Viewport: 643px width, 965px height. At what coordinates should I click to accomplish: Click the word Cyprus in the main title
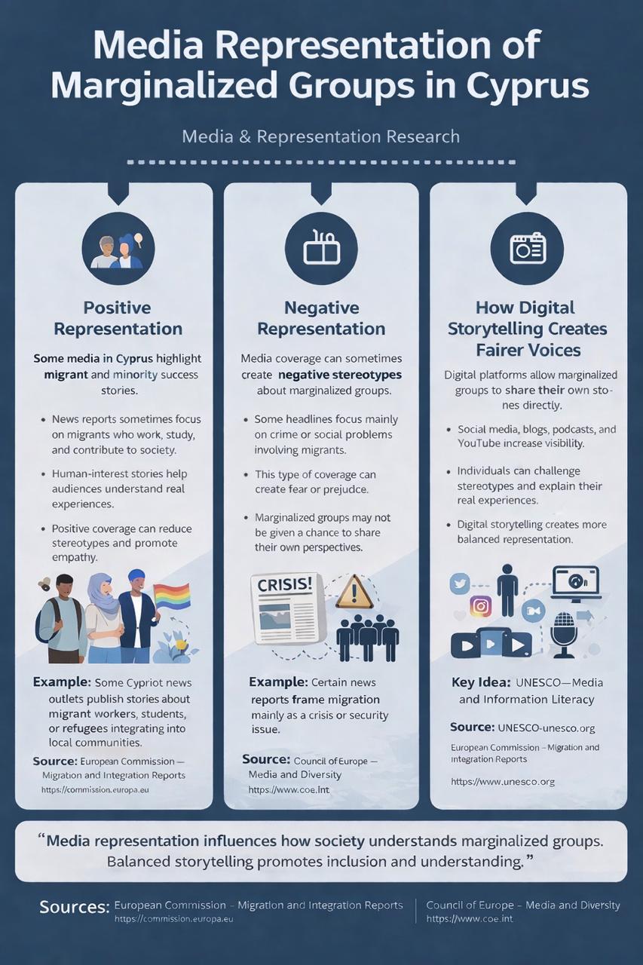(x=527, y=85)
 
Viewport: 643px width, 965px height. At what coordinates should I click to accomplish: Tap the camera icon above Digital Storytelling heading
(x=528, y=249)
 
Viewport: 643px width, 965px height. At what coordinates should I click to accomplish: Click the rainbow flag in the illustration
(x=171, y=596)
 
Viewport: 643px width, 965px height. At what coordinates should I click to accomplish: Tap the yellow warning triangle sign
(x=354, y=592)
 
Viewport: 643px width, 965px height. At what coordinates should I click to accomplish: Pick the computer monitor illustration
(x=577, y=584)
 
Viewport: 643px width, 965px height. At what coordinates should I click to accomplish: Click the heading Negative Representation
(x=321, y=318)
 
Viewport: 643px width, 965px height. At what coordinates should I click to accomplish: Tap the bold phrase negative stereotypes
(x=340, y=375)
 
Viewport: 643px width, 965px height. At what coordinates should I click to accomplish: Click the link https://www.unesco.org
(x=503, y=782)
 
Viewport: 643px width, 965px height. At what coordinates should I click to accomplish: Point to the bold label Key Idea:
(x=481, y=682)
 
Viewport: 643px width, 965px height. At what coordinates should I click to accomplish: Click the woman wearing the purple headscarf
(x=104, y=618)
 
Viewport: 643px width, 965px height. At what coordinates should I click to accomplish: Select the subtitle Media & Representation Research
(x=321, y=136)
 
